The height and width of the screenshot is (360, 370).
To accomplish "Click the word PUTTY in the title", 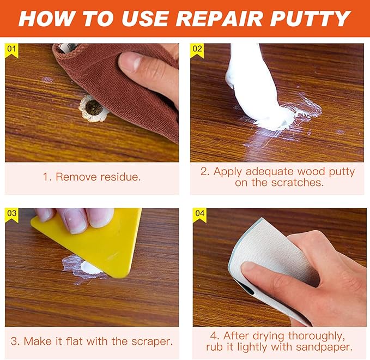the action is point(310,19).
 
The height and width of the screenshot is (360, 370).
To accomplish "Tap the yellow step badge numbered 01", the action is point(11,51).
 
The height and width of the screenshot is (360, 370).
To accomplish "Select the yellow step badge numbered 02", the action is point(197,51).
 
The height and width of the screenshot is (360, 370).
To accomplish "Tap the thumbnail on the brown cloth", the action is point(129,62).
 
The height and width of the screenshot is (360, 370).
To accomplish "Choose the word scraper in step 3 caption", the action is point(152,341).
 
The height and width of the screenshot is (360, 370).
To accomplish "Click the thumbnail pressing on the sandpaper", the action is point(250,268).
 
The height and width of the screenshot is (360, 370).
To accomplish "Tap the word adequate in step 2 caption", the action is point(270,172).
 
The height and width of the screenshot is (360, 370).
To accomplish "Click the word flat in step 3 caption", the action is point(75,341).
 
